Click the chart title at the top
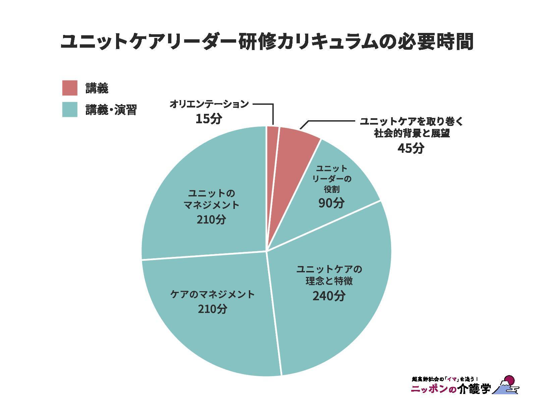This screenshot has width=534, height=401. pyautogui.click(x=267, y=41)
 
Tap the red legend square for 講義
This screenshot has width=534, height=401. pyautogui.click(x=70, y=88)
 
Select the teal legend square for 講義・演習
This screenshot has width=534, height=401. pyautogui.click(x=70, y=109)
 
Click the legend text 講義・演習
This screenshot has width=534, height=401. pyautogui.click(x=111, y=110)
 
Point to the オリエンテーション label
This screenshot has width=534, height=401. pyautogui.click(x=209, y=104)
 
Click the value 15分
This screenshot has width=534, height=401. pyautogui.click(x=209, y=119)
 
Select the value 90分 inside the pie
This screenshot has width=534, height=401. pyautogui.click(x=331, y=203)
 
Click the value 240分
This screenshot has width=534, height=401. pyautogui.click(x=329, y=296)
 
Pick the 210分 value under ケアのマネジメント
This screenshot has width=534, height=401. pyautogui.click(x=212, y=309)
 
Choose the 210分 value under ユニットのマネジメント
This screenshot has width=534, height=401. pyautogui.click(x=211, y=219)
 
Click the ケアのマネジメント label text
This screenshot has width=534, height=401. pyautogui.click(x=212, y=295)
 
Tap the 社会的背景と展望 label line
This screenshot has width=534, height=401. pyautogui.click(x=412, y=133)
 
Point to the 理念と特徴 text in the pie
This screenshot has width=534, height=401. pyautogui.click(x=329, y=281)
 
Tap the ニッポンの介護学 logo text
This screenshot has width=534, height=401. pyautogui.click(x=451, y=389)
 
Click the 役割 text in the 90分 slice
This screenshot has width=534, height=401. pyautogui.click(x=331, y=189)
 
